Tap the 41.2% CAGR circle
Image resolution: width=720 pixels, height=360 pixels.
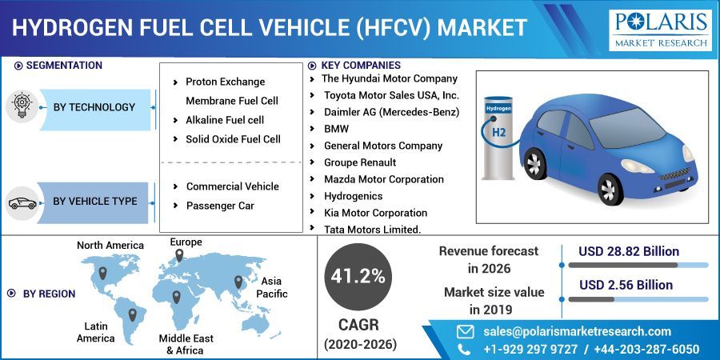[x=358, y=277]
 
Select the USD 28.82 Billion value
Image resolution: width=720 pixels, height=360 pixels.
[x=629, y=252]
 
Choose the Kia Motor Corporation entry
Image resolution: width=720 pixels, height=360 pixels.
[x=375, y=213]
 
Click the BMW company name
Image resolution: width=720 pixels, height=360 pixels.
[x=336, y=128]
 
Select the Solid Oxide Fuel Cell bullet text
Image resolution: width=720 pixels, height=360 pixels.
[x=233, y=139]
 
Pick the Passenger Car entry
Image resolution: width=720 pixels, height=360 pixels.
[x=220, y=206]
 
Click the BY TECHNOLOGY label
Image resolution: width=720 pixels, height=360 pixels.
[x=94, y=107]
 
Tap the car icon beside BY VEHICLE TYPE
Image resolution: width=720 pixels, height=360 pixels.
[x=22, y=202]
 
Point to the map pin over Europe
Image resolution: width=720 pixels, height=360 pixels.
[x=178, y=255]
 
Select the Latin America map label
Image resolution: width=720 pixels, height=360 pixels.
[x=96, y=332]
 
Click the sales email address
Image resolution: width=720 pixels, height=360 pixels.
[x=577, y=331]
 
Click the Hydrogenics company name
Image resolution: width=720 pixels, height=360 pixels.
[x=353, y=196]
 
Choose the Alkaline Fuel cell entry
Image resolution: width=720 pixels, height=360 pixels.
[x=225, y=120]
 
